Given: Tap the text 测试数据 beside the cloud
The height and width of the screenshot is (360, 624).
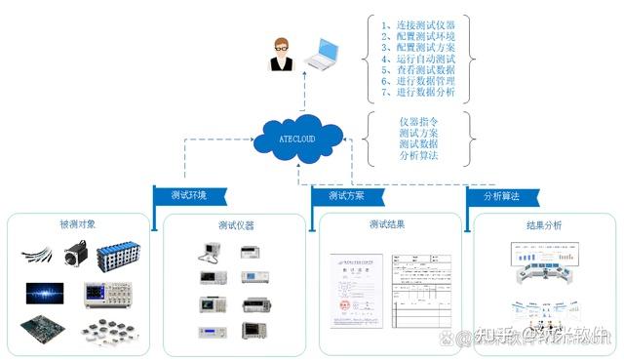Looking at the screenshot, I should point(418,144).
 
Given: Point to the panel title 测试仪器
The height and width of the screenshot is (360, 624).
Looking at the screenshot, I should point(236,225).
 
